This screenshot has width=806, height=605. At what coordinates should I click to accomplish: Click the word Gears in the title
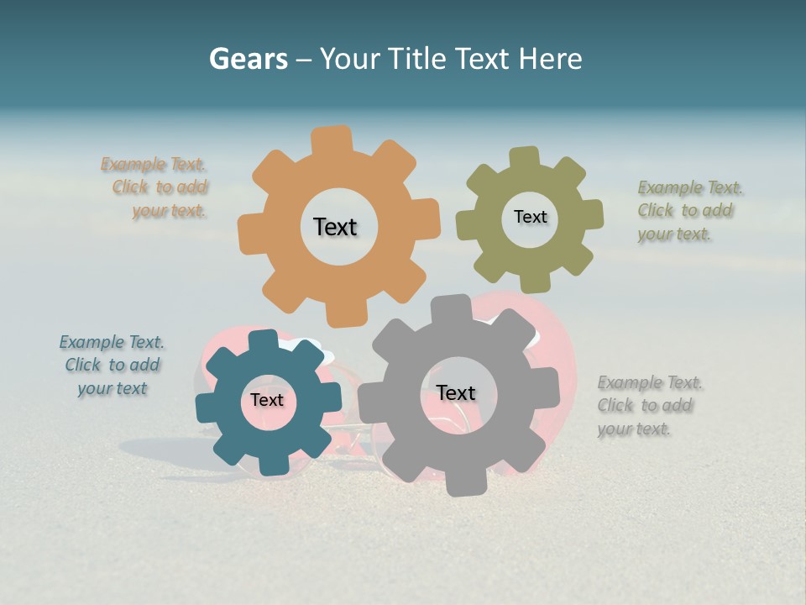(248, 59)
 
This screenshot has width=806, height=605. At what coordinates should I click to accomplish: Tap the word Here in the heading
(550, 59)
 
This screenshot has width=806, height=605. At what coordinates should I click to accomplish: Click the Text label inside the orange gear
(335, 227)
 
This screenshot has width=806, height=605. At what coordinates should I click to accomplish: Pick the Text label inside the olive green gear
(530, 217)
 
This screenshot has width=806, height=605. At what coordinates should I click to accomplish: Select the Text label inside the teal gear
(267, 400)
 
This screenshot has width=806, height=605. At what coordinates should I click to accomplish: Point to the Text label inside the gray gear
(456, 392)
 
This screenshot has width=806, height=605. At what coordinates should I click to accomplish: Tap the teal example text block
(112, 366)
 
